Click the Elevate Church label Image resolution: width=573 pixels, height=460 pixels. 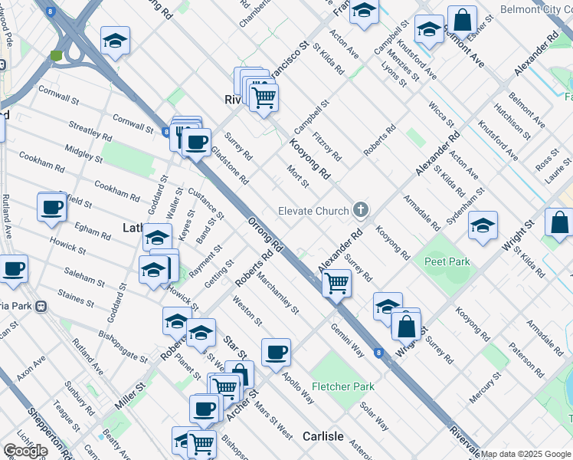click(315, 210)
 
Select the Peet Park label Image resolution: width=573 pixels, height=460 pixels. click(447, 261)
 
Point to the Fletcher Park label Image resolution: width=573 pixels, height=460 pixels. click(343, 386)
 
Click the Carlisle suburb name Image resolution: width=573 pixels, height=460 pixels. click(323, 435)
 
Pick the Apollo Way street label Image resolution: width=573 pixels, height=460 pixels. click(298, 388)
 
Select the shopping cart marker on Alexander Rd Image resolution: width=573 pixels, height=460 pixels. click(336, 282)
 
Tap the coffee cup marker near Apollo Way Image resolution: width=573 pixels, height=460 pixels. click(276, 352)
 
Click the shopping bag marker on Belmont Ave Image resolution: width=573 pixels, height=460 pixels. click(463, 19)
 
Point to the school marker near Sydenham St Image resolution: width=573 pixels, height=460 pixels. click(483, 225)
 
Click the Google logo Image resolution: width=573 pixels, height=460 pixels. click(25, 451)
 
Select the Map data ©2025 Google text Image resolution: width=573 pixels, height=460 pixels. click(526, 454)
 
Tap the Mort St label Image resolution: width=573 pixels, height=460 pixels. click(297, 176)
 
